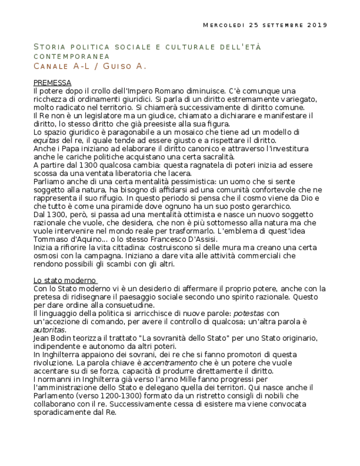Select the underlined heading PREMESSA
pos(52,82)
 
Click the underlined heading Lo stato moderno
pos(64,280)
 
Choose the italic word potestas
pos(248,313)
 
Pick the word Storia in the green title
pos(49,47)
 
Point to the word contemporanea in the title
pos(71,56)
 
